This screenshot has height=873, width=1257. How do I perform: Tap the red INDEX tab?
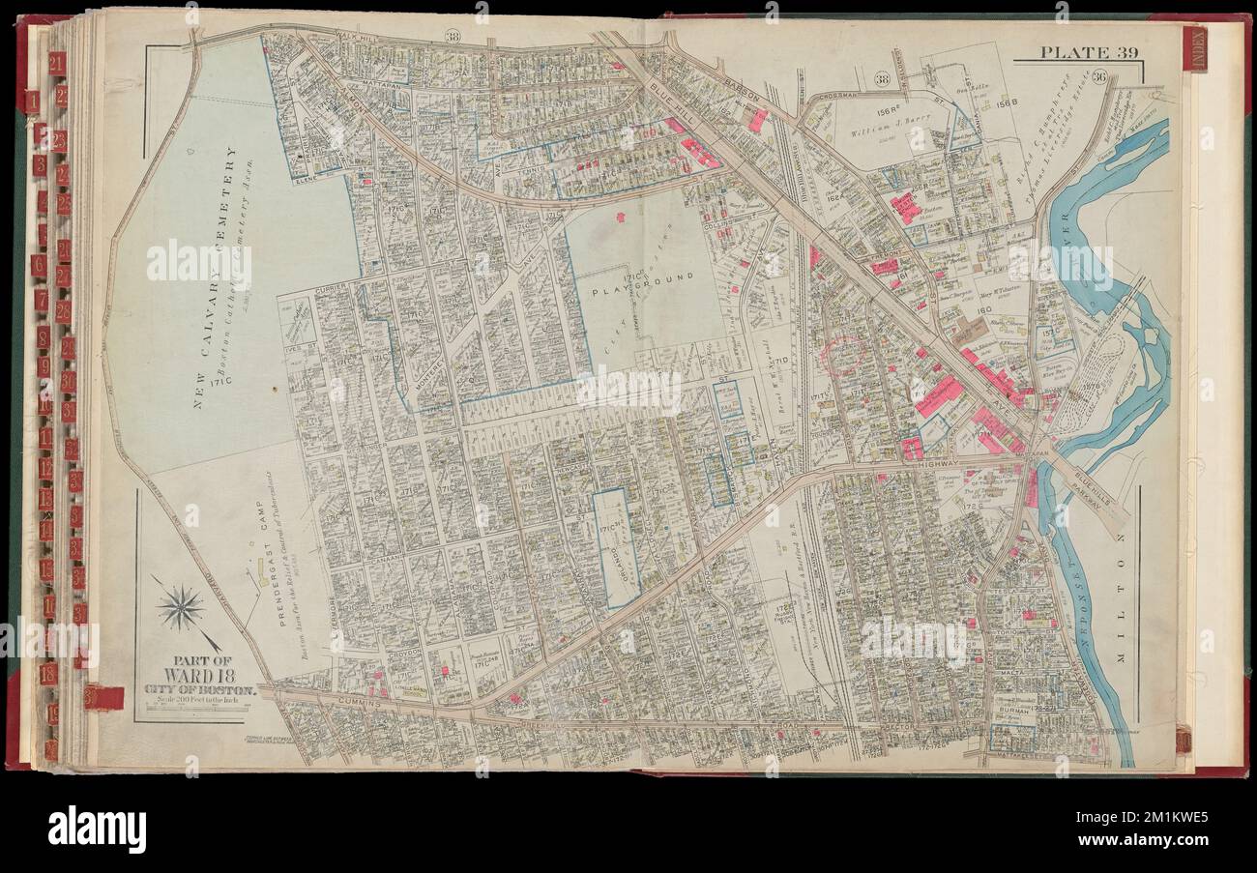(x=1193, y=47)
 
